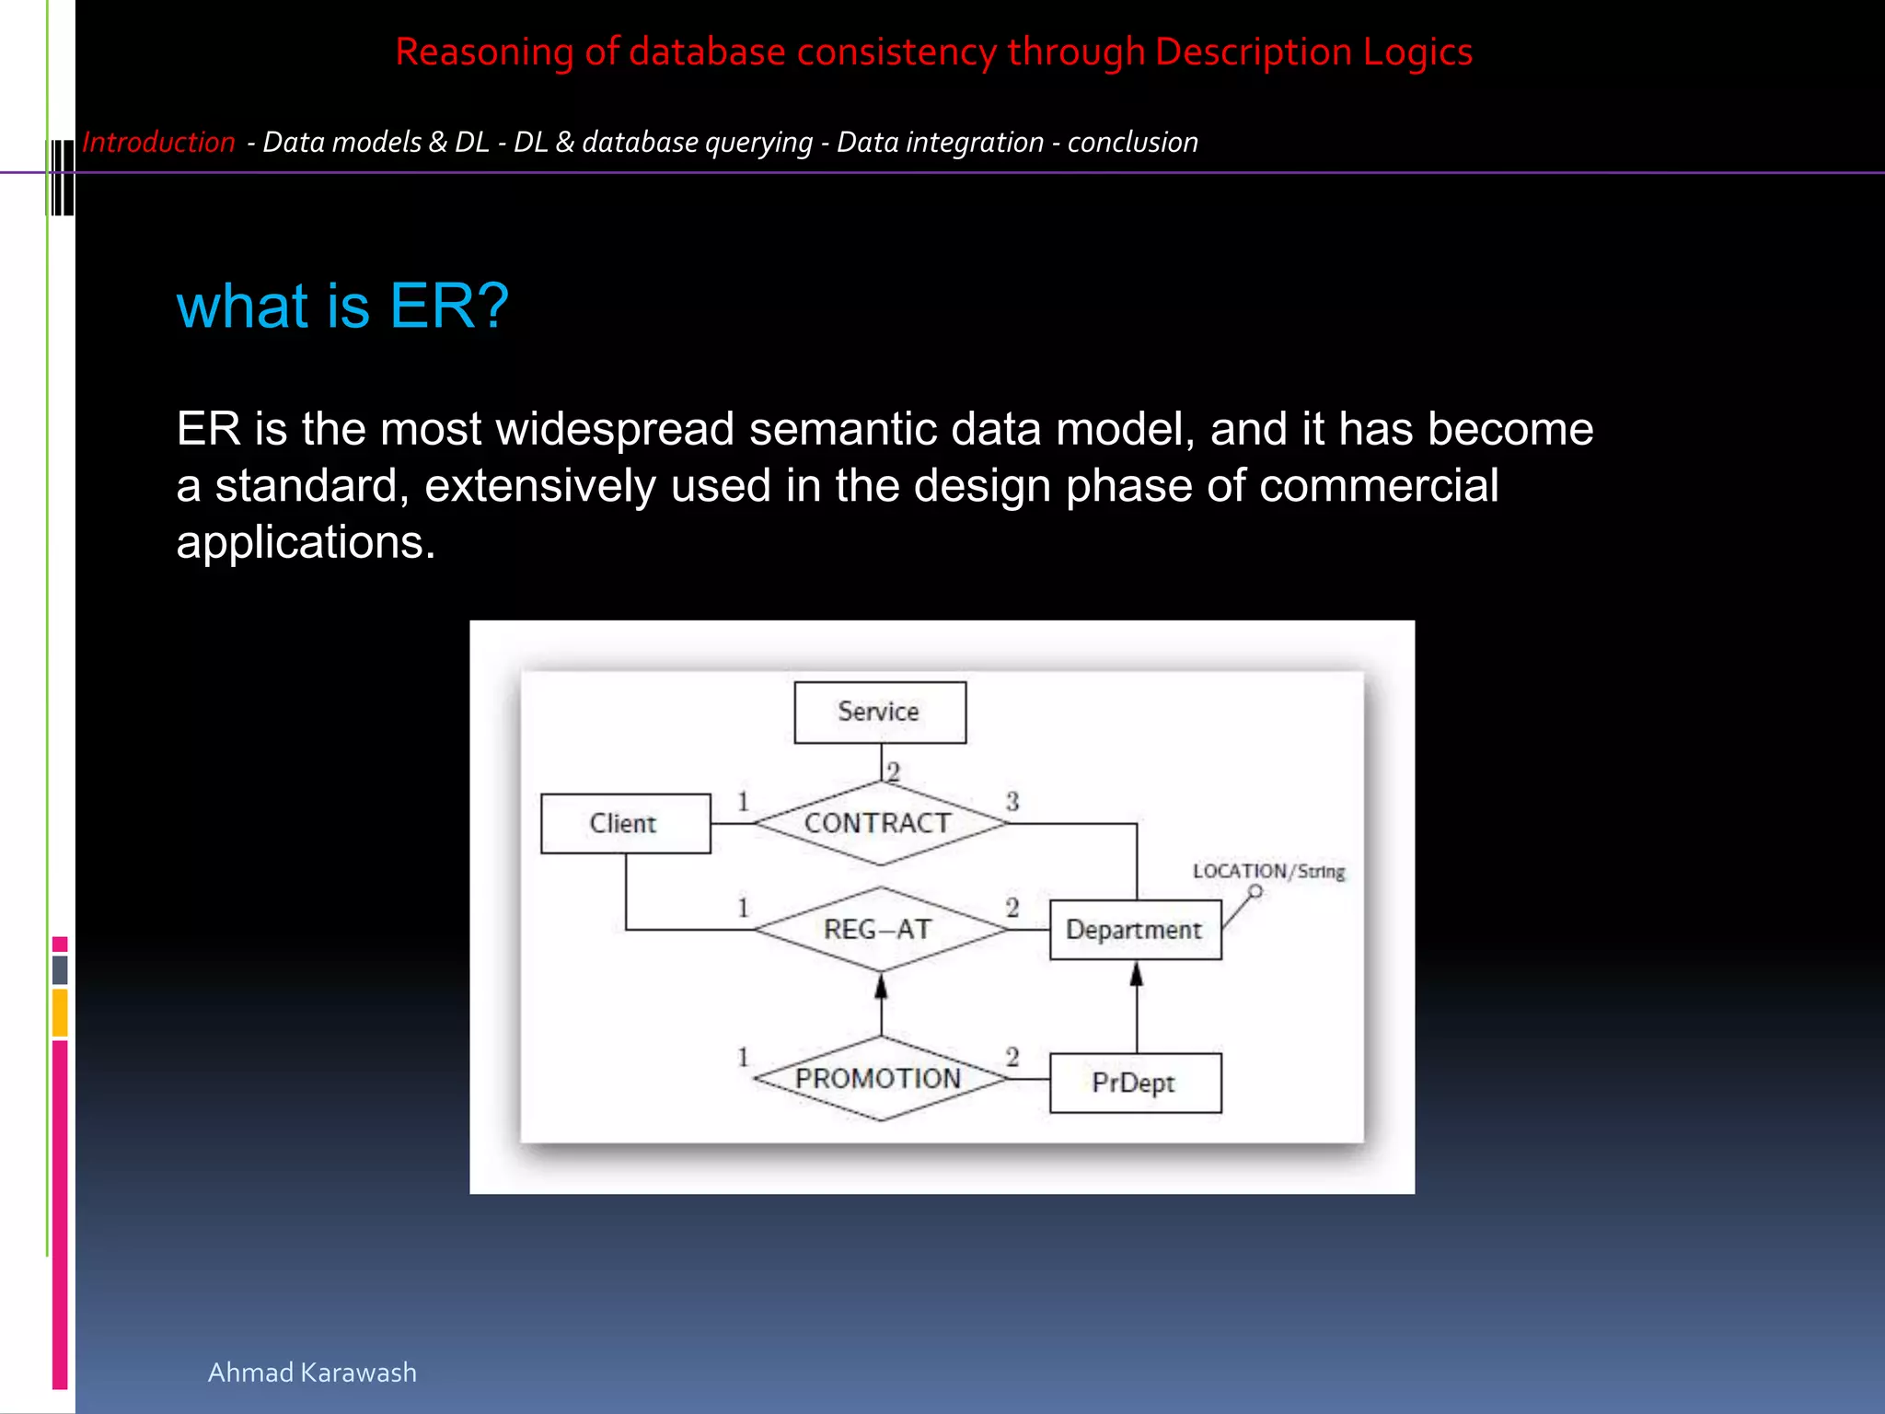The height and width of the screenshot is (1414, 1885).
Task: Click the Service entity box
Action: click(880, 712)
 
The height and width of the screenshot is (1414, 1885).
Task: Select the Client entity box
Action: click(625, 823)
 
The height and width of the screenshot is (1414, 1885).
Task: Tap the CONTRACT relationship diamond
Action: click(879, 823)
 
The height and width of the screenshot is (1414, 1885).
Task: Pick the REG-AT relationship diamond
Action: click(879, 929)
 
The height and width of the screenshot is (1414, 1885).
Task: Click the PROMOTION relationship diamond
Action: click(879, 1078)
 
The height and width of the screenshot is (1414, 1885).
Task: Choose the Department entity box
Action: click(1135, 930)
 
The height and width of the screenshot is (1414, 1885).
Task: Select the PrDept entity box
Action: click(1135, 1083)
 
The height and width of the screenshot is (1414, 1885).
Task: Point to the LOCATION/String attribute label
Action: click(1268, 871)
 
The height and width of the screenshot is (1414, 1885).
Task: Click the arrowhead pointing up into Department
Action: click(1137, 975)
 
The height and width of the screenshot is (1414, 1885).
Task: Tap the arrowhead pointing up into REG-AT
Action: click(881, 987)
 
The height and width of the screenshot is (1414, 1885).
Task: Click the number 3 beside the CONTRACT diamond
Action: click(1012, 801)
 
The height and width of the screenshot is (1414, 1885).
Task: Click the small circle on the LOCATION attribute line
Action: click(1255, 891)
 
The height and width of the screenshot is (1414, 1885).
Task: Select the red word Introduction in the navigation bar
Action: click(158, 143)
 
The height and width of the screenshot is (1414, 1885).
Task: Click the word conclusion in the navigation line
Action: click(1132, 143)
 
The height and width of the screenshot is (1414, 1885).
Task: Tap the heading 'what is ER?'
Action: click(342, 306)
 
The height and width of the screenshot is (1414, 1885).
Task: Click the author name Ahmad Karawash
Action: click(312, 1372)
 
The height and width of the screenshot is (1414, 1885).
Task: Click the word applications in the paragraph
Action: click(305, 542)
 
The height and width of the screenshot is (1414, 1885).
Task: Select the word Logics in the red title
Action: click(1417, 52)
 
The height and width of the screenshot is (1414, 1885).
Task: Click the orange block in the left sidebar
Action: click(60, 1013)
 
